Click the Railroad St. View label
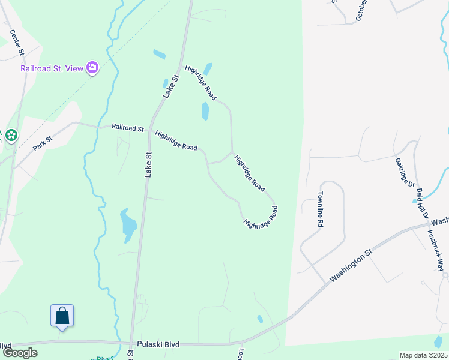pyautogui.click(x=52, y=68)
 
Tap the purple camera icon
pyautogui.click(x=92, y=67)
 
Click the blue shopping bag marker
pyautogui.click(x=62, y=316)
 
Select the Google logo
pyautogui.click(x=20, y=353)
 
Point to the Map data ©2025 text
pyautogui.click(x=423, y=355)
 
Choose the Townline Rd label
pyautogui.click(x=321, y=209)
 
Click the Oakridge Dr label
pyautogui.click(x=406, y=172)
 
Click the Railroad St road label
pyautogui.click(x=128, y=128)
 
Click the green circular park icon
pyautogui.click(x=11, y=136)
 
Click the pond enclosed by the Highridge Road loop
pyautogui.click(x=205, y=111)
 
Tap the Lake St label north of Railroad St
pyautogui.click(x=172, y=86)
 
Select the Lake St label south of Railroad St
pyautogui.click(x=148, y=163)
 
